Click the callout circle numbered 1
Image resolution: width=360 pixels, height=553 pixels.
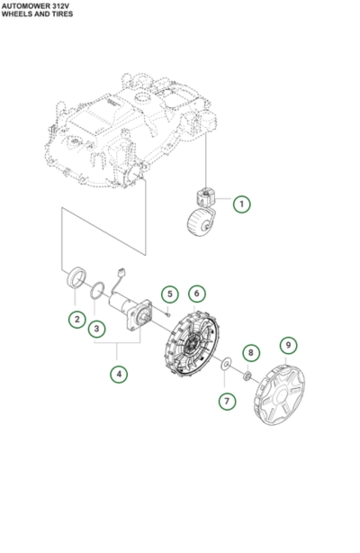tap(242, 204)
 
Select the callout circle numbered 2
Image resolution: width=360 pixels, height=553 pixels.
tap(77, 319)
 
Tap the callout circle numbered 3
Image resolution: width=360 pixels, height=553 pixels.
tap(96, 330)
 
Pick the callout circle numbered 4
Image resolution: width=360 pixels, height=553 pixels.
tap(118, 372)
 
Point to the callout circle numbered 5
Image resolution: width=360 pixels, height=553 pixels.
tap(167, 295)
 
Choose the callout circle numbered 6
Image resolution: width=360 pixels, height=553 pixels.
tap(194, 295)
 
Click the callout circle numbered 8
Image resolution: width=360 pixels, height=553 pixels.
tap(251, 352)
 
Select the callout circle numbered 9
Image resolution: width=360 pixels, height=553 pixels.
tap(287, 345)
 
